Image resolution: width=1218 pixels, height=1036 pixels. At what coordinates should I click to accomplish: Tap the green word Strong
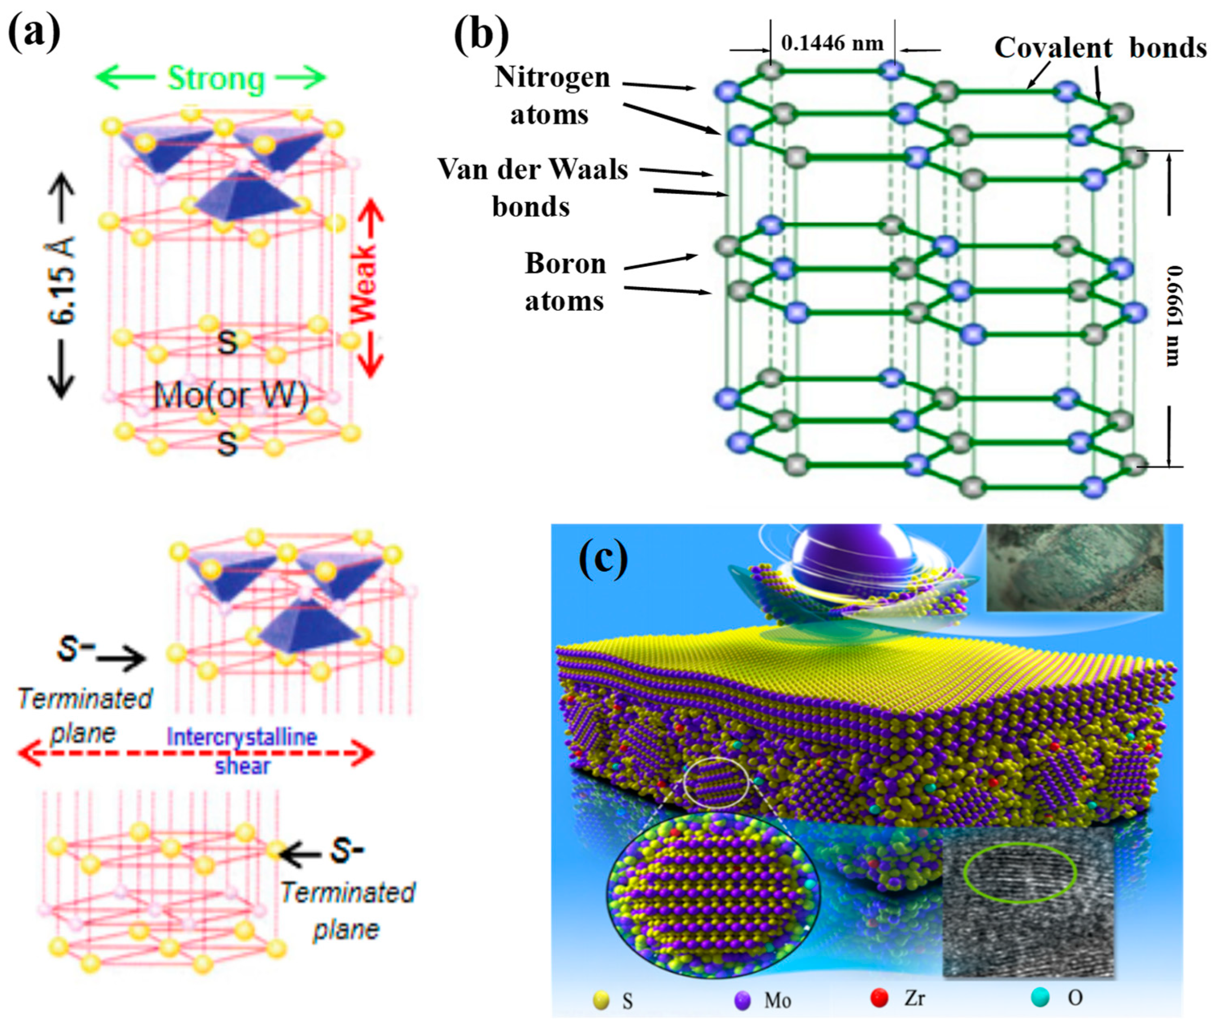pos(215,79)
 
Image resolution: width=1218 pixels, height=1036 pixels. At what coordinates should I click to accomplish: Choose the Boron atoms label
pos(564,282)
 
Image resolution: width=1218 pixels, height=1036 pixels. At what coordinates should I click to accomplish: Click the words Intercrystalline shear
pos(242,751)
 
